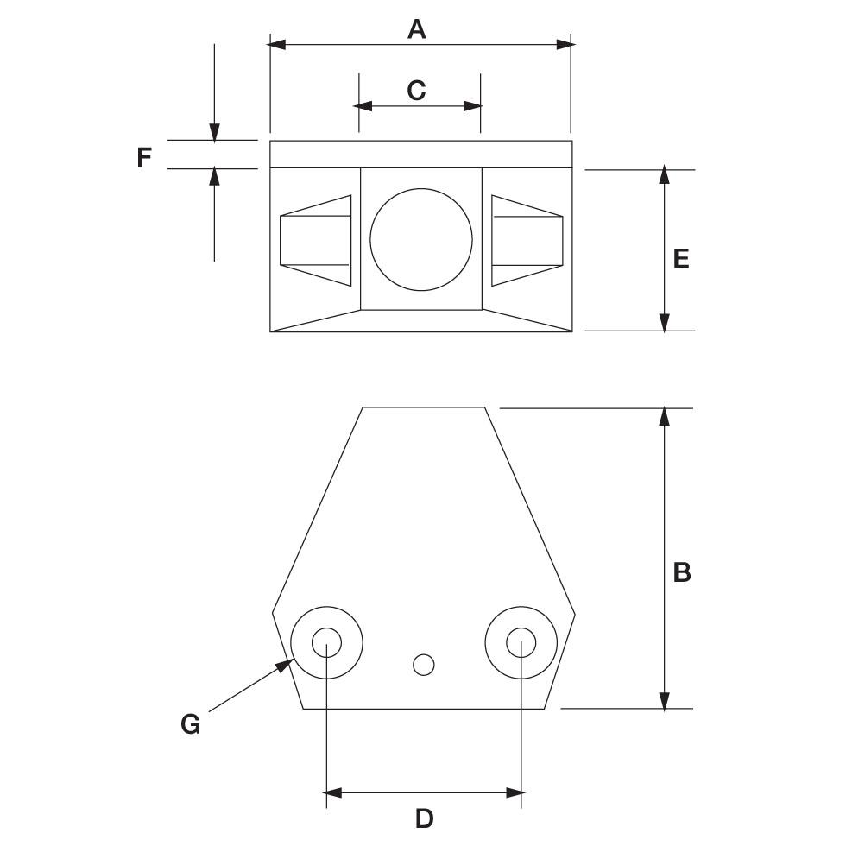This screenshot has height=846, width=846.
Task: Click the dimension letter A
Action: [x=417, y=29]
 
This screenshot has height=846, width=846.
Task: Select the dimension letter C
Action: [x=416, y=90]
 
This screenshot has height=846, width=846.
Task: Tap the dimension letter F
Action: [x=144, y=158]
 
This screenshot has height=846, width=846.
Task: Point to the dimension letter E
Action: [x=681, y=258]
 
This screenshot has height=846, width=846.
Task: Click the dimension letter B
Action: [x=682, y=571]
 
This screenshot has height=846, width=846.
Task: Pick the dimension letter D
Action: [x=424, y=818]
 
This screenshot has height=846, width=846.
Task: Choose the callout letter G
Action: [x=190, y=724]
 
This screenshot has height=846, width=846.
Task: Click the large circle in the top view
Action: [x=421, y=239]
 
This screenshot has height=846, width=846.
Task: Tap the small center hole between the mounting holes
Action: [x=423, y=665]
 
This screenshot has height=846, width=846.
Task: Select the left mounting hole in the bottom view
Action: [x=326, y=642]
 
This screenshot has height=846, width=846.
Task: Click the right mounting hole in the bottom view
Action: [x=521, y=642]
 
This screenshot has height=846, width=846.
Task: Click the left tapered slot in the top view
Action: [x=315, y=241]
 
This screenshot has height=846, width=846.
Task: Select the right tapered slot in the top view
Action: [x=527, y=241]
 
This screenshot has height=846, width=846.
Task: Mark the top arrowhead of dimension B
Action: [x=664, y=417]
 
